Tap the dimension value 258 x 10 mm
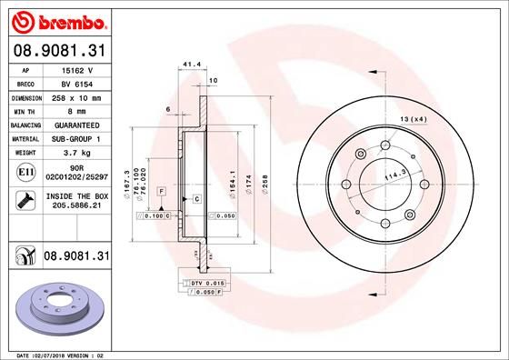[76, 95]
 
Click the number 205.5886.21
[76, 206]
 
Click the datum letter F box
[161, 191]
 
